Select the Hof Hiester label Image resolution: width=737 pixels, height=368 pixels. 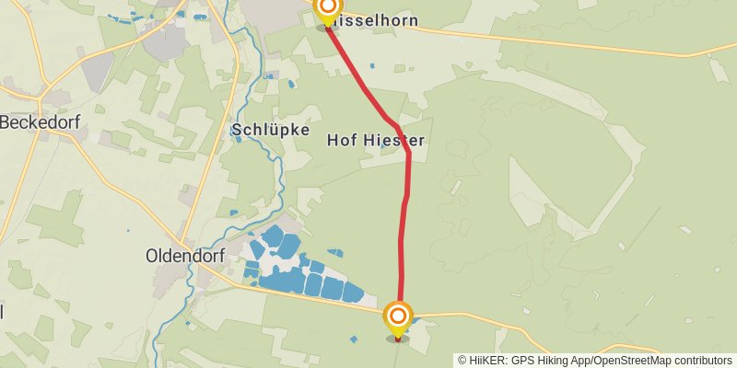(375, 141)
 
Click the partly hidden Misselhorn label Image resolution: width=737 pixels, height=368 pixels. (380, 19)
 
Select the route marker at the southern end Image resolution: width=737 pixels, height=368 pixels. (398, 319)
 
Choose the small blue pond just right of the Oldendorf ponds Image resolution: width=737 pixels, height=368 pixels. (334, 252)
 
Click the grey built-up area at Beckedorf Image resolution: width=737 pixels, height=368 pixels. (55, 97)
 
